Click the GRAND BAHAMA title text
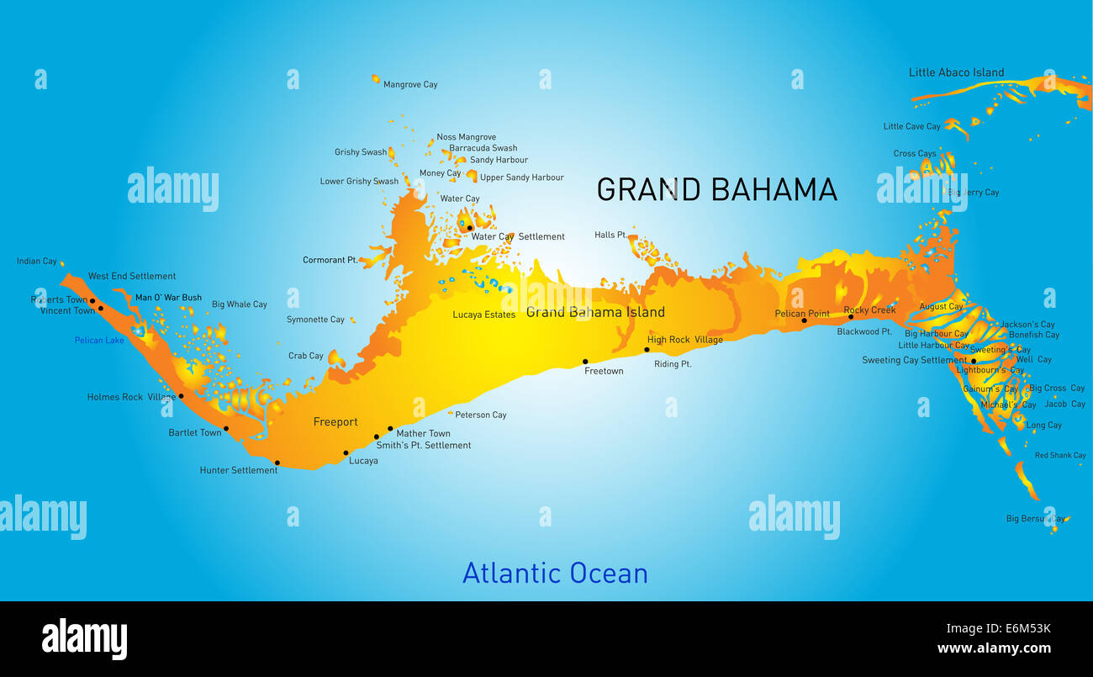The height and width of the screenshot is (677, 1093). (x=716, y=189)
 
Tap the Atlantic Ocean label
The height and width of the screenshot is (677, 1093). (x=555, y=573)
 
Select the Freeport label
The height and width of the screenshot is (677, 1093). (x=335, y=422)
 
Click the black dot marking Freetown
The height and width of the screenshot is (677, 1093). (x=585, y=362)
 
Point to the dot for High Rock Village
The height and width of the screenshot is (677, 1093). (x=647, y=350)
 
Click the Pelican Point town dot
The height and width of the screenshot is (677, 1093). (x=804, y=320)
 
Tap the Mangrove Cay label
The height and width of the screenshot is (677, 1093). (x=410, y=85)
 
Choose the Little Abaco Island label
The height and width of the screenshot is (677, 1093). (x=956, y=72)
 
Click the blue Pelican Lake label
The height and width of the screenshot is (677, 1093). (x=99, y=341)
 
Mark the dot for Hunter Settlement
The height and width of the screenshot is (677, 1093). (x=277, y=462)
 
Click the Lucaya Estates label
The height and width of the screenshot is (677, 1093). (x=483, y=315)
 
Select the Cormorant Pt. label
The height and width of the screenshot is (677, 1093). (x=330, y=261)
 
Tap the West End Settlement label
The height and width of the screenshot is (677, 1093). (x=132, y=276)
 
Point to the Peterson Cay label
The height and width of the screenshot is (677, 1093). (x=481, y=415)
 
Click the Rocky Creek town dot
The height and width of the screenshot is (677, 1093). (x=851, y=317)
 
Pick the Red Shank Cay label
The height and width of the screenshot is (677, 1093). (x=1060, y=456)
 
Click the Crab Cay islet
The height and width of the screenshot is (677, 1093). (x=336, y=359)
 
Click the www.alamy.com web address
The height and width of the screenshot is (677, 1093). (x=994, y=648)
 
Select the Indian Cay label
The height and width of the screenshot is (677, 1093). (x=37, y=262)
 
